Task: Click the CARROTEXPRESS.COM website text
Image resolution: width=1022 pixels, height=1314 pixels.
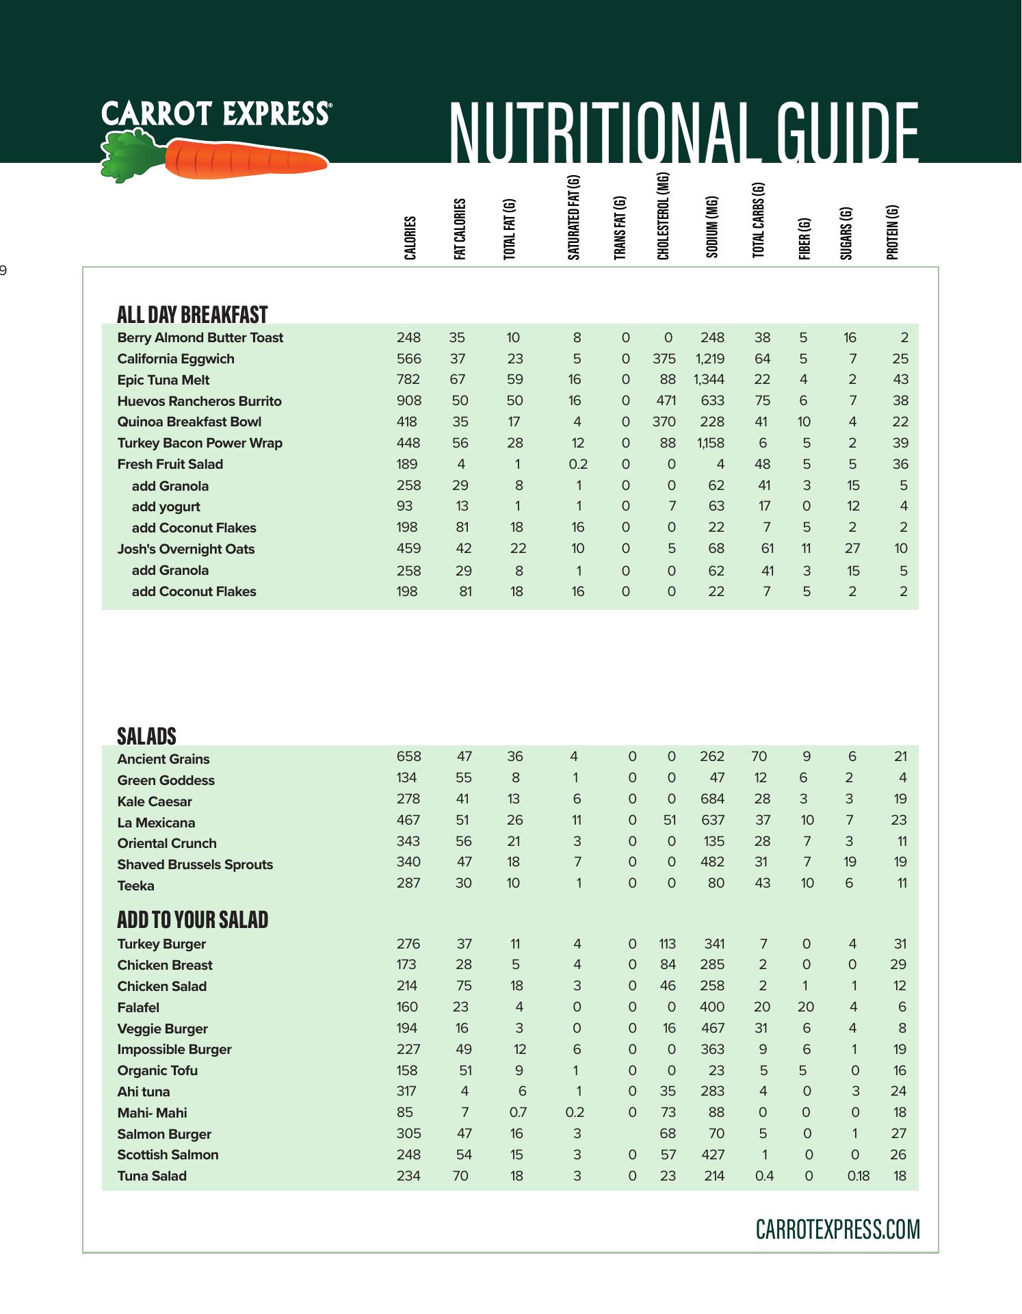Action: tap(837, 1229)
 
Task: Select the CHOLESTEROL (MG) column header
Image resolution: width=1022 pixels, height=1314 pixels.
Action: tap(663, 216)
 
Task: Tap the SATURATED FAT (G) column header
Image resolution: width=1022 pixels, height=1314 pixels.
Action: tap(574, 218)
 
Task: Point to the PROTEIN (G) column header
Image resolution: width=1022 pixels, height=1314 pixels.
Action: tap(892, 232)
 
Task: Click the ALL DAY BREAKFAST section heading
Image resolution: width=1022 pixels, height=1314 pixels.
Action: tap(192, 315)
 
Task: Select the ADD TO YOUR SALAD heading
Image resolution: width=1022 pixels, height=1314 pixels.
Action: tap(192, 920)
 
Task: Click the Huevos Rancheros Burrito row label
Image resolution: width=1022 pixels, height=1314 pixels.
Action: tap(199, 401)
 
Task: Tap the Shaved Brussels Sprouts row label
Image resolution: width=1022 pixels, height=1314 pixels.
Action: tap(195, 864)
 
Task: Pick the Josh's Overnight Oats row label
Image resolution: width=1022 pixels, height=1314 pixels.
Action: tap(185, 549)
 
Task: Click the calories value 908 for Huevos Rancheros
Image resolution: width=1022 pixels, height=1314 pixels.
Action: tap(408, 400)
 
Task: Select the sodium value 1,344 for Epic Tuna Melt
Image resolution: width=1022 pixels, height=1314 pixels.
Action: tap(709, 379)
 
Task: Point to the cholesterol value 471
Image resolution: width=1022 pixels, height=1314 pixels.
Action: tap(665, 400)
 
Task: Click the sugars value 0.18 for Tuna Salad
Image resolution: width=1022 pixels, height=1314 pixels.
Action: tap(858, 1176)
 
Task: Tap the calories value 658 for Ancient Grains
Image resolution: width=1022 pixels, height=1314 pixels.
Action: tap(408, 756)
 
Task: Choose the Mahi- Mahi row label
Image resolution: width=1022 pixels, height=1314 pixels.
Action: tap(152, 1113)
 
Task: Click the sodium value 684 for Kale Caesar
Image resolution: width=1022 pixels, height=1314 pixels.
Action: tap(711, 799)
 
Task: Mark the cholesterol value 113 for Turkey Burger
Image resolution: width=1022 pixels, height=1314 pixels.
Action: tap(667, 944)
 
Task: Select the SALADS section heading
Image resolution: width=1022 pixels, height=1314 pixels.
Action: tap(146, 736)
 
